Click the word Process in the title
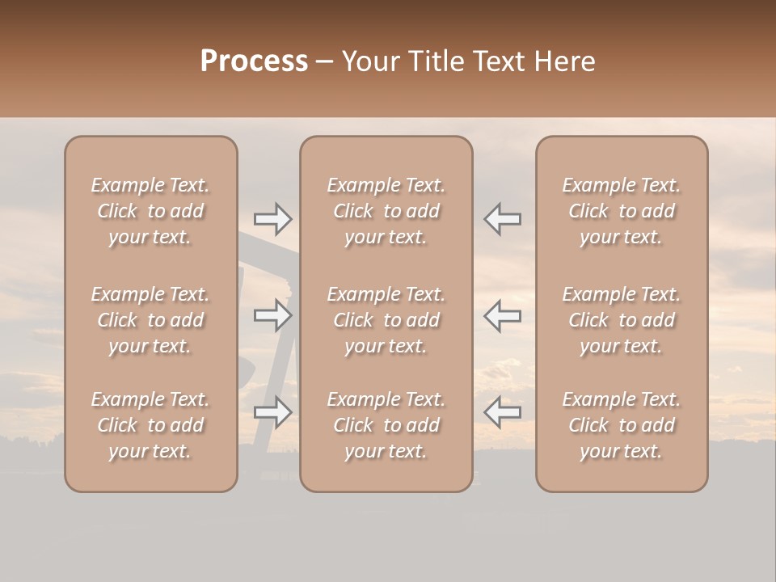(254, 61)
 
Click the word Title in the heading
(435, 61)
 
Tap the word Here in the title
(566, 61)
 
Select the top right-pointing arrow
(273, 218)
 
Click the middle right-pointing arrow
(273, 315)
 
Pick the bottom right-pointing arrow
(273, 412)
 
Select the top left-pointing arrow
(503, 218)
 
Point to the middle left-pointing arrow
(503, 315)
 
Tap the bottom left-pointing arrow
(503, 412)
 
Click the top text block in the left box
(150, 211)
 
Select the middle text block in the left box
(150, 320)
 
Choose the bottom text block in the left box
(150, 425)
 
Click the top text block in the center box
(386, 211)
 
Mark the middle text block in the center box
(386, 320)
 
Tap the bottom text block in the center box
(386, 425)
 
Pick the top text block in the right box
(622, 211)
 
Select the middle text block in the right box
(622, 320)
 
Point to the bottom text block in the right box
(622, 425)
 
